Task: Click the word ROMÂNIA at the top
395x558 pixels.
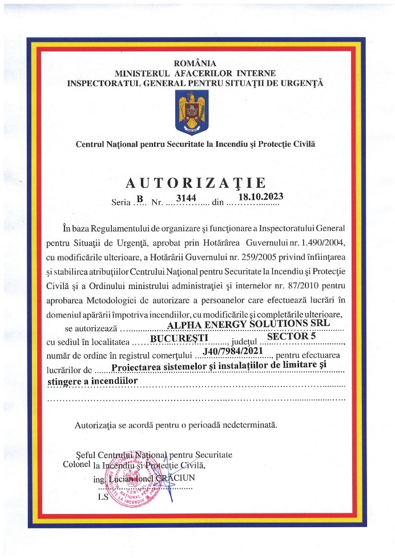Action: pyautogui.click(x=195, y=63)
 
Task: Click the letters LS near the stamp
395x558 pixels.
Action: pyautogui.click(x=103, y=497)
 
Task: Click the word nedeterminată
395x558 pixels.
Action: pyautogui.click(x=247, y=425)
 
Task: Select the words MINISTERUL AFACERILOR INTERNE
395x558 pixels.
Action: pyautogui.click(x=195, y=73)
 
